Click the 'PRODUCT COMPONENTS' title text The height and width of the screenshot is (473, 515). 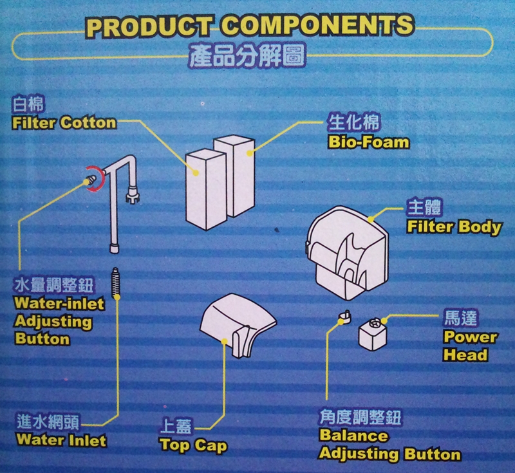pyautogui.click(x=250, y=26)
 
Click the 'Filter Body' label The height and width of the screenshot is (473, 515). pyautogui.click(x=453, y=227)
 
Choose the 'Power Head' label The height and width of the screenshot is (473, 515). pyautogui.click(x=470, y=346)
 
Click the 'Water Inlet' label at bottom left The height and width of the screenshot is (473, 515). pyautogui.click(x=61, y=441)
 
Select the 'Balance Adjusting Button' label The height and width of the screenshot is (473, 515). pyautogui.click(x=389, y=445)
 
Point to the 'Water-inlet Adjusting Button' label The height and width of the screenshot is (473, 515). pyautogui.click(x=51, y=320)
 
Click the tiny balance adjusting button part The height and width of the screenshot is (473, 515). pyautogui.click(x=344, y=316)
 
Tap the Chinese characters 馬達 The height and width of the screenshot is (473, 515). pyautogui.click(x=462, y=319)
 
